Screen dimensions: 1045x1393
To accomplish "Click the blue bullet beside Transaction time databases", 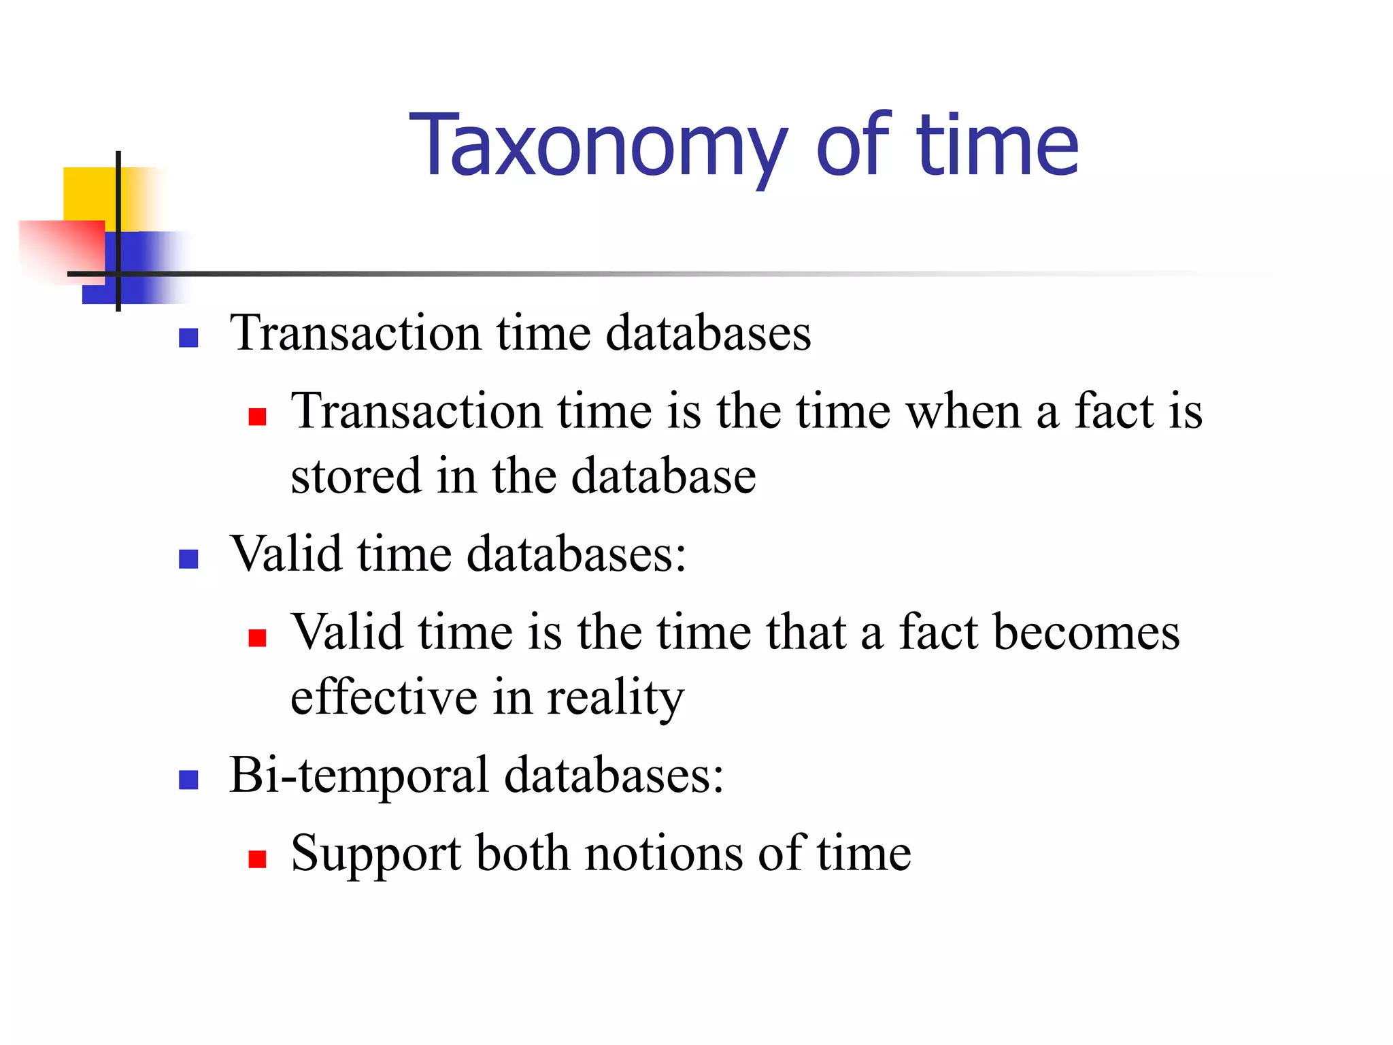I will pos(188,338).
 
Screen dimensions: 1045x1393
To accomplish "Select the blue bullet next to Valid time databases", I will pos(188,559).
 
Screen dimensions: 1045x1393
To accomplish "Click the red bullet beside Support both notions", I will pos(257,859).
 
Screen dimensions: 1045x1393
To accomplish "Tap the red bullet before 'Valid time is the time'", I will pos(257,637).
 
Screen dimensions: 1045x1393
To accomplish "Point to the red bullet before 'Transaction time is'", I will pos(257,416).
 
